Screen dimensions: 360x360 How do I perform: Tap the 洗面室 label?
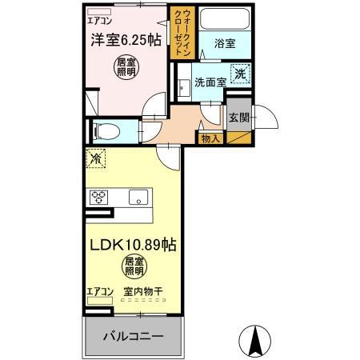[209, 82]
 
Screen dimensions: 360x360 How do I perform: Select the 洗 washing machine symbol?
[240, 74]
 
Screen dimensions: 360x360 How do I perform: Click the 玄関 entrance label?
[238, 118]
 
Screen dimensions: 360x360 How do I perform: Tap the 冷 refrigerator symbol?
[96, 160]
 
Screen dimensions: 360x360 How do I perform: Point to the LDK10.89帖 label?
[132, 246]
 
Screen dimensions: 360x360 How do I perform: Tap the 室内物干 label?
[143, 291]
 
